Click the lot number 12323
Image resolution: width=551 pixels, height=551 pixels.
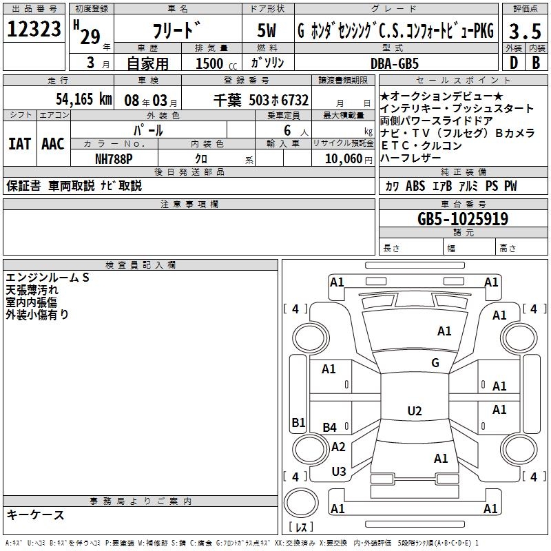34,30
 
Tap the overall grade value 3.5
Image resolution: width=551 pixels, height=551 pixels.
523,32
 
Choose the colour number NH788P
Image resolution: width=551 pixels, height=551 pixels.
115,158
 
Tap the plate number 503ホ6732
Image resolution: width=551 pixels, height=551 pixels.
279,100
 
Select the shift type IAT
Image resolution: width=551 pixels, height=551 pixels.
19,144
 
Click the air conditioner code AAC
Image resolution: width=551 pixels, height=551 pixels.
53,144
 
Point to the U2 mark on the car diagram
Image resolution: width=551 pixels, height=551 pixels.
414,411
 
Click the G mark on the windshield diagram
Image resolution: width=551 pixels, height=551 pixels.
435,363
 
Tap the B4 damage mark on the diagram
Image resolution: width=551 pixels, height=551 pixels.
330,428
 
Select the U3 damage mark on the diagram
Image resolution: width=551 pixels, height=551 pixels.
339,472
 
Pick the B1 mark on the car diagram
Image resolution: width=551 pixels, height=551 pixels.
298,422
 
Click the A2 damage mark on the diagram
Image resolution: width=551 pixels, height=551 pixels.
338,447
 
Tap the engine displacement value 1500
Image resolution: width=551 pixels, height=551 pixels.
209,64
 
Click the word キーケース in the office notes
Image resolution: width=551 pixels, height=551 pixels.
36,515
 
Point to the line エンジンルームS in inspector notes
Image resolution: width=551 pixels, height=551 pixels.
48,277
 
